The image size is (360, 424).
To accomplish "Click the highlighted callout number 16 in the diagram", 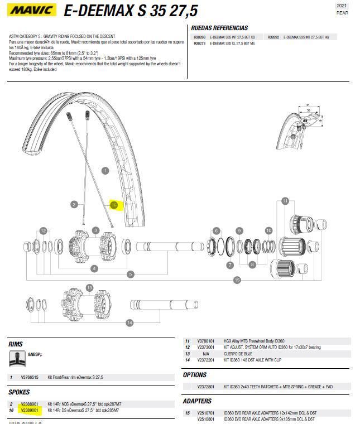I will tap(114, 205).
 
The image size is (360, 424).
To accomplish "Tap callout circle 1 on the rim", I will tap(105, 171).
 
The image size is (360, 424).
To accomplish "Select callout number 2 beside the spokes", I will tap(74, 205).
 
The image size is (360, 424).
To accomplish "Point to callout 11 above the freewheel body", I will tap(285, 201).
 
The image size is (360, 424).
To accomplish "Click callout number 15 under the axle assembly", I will tap(237, 280).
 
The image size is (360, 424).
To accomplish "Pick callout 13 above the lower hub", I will tap(89, 287).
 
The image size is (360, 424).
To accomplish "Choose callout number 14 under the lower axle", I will tap(129, 322).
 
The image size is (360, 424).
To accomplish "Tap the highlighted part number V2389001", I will tap(29, 410).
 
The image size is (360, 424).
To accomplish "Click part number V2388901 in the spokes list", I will tap(29, 404).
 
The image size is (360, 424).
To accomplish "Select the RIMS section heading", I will tap(16, 344).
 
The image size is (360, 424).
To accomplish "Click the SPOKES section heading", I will tap(20, 393).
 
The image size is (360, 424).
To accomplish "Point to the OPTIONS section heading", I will tap(195, 375).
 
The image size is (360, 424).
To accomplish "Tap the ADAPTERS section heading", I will tap(197, 401).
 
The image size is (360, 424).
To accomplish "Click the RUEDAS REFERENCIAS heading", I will tap(219, 28).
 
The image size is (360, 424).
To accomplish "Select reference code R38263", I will tap(200, 37).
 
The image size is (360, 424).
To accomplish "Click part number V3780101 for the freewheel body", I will tap(206, 341).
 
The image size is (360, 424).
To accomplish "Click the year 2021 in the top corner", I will tap(342, 6).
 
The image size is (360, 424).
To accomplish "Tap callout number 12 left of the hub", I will tap(43, 230).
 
